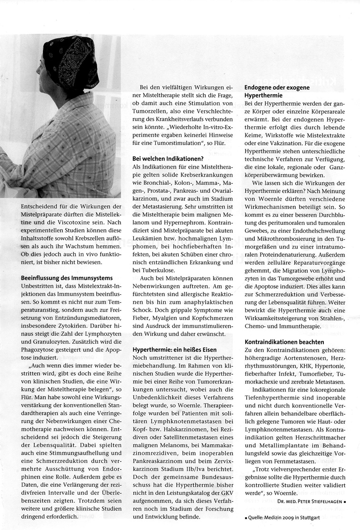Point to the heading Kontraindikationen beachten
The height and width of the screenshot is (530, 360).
[x=284, y=342]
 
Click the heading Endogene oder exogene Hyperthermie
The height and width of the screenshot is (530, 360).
[x=277, y=91]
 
